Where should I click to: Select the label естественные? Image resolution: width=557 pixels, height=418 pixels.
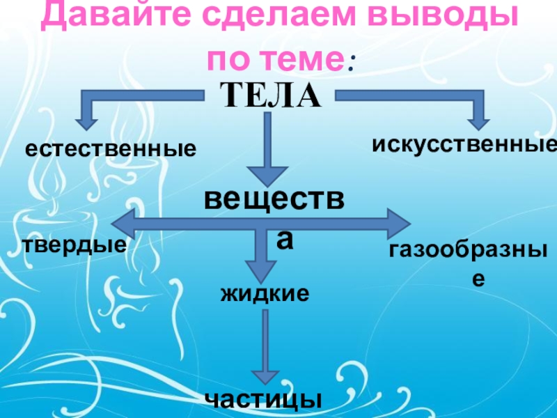pos(111,148)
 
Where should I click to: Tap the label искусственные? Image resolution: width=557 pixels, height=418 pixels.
pos(464,144)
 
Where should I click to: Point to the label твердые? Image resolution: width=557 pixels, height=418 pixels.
pos(74,245)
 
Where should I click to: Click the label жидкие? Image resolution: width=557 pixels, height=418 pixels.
pos(265,293)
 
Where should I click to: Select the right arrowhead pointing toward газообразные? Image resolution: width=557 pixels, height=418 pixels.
pos(400,224)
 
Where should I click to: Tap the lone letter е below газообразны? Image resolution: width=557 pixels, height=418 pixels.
pos(477,279)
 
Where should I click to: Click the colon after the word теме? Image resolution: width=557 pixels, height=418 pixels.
pos(352,63)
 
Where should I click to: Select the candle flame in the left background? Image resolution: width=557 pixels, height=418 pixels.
pos(51,185)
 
